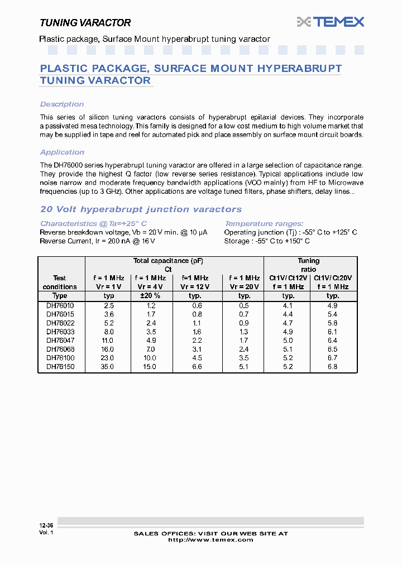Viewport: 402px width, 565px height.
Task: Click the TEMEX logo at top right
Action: tap(331, 22)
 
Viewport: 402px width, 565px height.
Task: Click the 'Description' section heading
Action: tap(62, 104)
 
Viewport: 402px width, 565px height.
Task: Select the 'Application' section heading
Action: tap(62, 152)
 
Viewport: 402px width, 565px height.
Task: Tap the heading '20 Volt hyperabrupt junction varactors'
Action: tap(141, 209)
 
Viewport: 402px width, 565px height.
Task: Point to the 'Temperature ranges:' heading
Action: tap(264, 223)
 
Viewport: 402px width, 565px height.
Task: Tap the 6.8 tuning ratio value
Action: tap(333, 367)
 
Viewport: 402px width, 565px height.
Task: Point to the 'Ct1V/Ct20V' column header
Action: tap(333, 277)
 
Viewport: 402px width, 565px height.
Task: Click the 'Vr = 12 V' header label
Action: tap(195, 286)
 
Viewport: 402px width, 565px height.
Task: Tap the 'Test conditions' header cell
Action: tap(60, 282)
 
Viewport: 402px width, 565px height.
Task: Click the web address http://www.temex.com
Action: tap(210, 539)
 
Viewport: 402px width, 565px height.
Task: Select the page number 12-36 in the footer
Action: tap(46, 525)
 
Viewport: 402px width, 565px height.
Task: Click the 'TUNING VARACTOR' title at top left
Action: tap(85, 23)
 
